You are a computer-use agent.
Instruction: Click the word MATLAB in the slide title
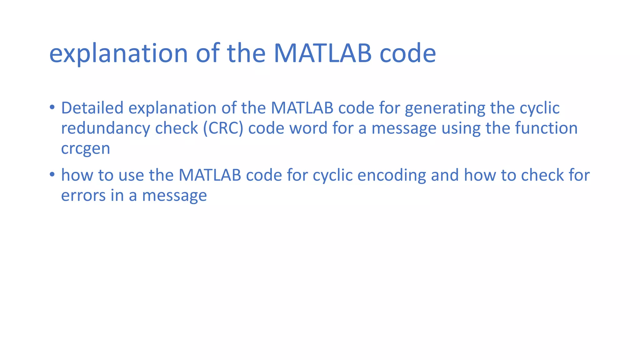322,53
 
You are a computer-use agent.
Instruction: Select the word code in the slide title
407,53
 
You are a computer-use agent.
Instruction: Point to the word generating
445,108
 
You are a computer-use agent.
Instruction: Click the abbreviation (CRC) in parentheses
223,128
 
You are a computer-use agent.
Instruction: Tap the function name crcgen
85,149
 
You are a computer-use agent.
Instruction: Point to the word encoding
392,175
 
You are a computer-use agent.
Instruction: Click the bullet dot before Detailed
52,107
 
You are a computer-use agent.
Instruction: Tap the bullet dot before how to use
52,174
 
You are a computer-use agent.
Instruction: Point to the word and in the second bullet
445,175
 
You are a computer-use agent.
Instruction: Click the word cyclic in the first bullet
539,108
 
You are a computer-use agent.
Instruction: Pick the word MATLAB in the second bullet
210,175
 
